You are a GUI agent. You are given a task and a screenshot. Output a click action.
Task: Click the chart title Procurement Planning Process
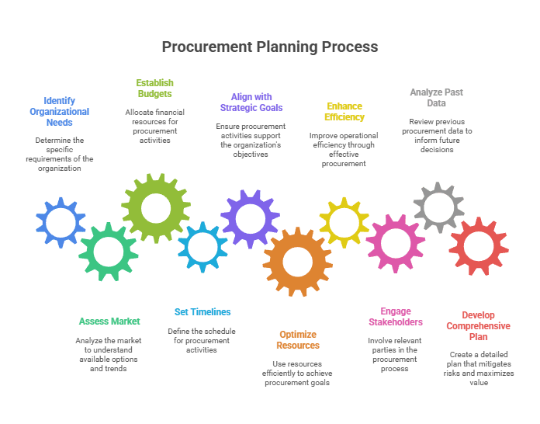(269, 47)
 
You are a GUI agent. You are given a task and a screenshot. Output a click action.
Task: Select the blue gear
(61, 223)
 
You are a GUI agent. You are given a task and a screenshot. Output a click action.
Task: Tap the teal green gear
(108, 251)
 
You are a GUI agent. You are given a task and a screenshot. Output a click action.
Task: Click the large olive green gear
(156, 207)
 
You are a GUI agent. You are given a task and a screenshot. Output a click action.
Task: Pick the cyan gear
(202, 247)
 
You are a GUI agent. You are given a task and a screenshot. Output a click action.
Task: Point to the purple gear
(250, 218)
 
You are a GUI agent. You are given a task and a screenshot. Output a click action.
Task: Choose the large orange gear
(297, 261)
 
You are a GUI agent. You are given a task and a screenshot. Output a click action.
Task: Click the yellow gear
(344, 223)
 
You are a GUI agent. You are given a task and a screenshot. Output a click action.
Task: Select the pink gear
(396, 243)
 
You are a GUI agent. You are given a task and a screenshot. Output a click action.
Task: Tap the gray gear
(438, 207)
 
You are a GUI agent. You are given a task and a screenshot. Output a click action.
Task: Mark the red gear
(479, 247)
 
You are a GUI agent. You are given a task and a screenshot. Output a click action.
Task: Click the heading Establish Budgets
(154, 88)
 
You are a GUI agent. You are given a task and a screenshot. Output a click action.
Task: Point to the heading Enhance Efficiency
(344, 111)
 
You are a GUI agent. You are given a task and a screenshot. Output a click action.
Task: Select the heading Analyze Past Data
(436, 97)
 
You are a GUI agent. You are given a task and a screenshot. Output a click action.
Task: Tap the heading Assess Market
(109, 321)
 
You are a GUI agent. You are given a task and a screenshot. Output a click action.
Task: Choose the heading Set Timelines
(202, 311)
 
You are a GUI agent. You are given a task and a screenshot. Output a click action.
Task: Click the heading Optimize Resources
(298, 339)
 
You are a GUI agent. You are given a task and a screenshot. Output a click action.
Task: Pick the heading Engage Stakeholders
(396, 316)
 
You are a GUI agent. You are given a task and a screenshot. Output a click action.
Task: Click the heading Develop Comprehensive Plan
(478, 325)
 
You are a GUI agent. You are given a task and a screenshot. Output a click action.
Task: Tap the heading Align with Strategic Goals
(251, 102)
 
